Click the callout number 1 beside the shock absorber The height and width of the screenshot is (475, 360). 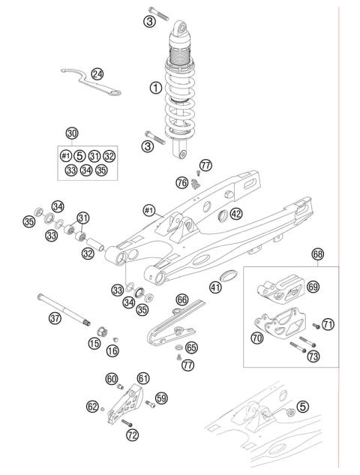click(x=155, y=88)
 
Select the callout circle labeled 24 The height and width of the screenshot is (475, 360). click(x=97, y=74)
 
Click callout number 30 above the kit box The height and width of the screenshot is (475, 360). click(x=72, y=133)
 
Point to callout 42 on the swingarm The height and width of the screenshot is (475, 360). click(x=235, y=214)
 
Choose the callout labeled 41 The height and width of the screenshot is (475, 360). click(x=216, y=287)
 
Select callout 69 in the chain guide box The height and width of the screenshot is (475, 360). click(x=313, y=287)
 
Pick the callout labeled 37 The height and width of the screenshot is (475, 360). click(x=55, y=318)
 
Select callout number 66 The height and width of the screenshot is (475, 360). click(x=181, y=299)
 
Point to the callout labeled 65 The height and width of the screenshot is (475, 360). click(x=191, y=347)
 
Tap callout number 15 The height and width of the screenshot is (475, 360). click(x=94, y=343)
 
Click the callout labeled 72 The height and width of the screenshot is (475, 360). click(x=133, y=434)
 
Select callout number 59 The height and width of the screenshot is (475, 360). click(x=160, y=398)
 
